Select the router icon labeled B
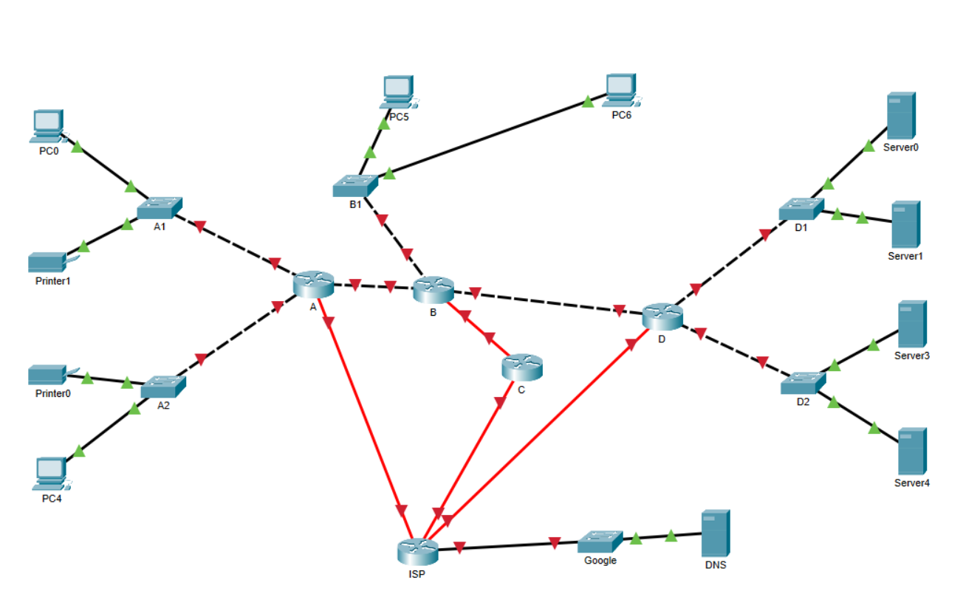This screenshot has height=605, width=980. pyautogui.click(x=433, y=289)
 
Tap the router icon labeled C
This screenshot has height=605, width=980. pyautogui.click(x=521, y=367)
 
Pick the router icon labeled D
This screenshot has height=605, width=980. pyautogui.click(x=662, y=316)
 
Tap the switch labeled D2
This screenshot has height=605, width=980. pyautogui.click(x=803, y=384)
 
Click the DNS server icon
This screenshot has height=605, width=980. pyautogui.click(x=716, y=533)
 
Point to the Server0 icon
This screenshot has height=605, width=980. pyautogui.click(x=901, y=115)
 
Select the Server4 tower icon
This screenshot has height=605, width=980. pyautogui.click(x=912, y=451)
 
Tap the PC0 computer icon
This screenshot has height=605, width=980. pyautogui.click(x=49, y=126)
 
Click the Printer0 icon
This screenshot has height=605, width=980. pyautogui.click(x=50, y=375)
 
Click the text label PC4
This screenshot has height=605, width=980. pyautogui.click(x=52, y=499)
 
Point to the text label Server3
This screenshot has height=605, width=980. pyautogui.click(x=912, y=356)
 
